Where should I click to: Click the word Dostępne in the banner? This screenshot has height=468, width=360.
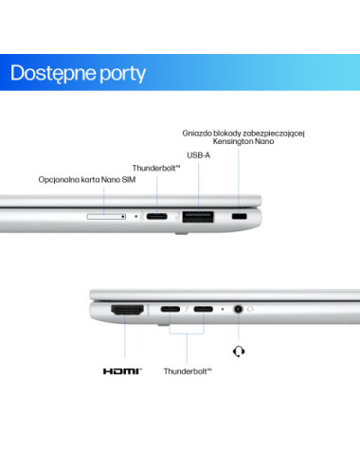point(53,74)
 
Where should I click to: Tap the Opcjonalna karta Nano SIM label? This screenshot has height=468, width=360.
point(87,180)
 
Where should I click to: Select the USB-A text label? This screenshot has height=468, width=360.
point(198,155)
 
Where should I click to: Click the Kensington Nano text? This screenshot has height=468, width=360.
point(243,141)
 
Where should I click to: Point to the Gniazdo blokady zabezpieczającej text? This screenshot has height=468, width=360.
point(243,134)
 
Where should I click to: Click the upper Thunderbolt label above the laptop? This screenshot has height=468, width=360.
point(156,168)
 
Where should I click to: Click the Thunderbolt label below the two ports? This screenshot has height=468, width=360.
point(188,371)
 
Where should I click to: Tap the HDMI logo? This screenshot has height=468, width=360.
point(122,371)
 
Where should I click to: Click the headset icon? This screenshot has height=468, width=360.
point(239,351)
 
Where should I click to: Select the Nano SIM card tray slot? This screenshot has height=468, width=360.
point(106,216)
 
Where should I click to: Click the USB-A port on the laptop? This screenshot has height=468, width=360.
point(198,217)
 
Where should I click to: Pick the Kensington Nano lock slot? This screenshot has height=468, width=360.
point(240,216)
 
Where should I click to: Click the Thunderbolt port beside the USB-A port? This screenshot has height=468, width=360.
point(157,216)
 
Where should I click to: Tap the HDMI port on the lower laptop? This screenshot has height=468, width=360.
point(127,310)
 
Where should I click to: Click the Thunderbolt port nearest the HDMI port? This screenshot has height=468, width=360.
point(171,309)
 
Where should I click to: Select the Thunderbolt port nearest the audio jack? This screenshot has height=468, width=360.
point(204,309)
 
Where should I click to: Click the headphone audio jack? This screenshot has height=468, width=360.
point(238,309)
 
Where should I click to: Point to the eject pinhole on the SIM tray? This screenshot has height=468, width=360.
point(123,217)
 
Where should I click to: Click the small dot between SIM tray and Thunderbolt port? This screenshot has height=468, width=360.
point(136,216)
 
